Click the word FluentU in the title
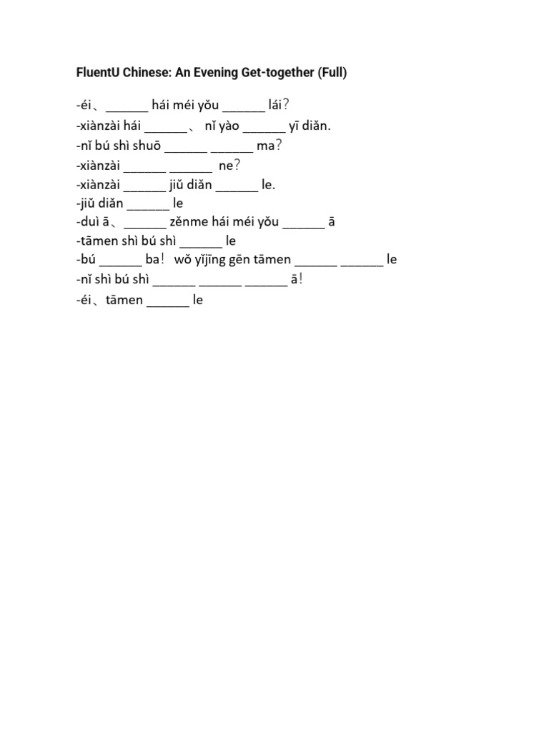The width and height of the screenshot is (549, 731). point(97,72)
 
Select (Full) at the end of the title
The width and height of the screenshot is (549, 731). point(332,73)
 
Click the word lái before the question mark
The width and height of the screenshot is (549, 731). point(275,105)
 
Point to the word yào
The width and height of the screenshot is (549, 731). point(229,126)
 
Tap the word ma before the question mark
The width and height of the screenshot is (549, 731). point(266,146)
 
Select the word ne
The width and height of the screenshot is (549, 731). point(225,166)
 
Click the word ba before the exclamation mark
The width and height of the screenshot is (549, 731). point(152,259)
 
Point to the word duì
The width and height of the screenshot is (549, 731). point(87,221)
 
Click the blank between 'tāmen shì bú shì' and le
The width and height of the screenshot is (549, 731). point(201,246)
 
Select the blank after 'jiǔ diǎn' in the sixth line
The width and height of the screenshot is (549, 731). point(148,209)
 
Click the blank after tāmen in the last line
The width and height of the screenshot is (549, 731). point(167,306)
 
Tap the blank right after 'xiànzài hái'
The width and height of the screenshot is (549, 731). point(165,132)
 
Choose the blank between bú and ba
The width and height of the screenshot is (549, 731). point(120,266)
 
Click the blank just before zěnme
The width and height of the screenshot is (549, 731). point(144,228)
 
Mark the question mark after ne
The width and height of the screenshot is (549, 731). point(237,165)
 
